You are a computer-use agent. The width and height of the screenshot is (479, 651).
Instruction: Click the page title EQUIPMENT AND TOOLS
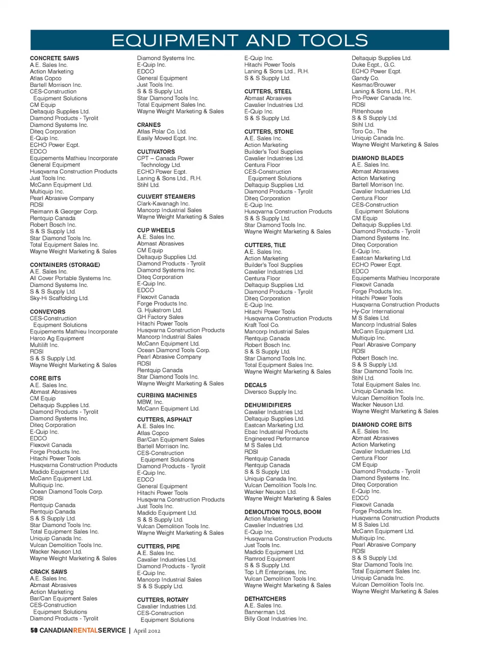pyautogui.click(x=239, y=40)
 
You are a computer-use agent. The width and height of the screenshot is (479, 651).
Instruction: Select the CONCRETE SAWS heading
pyautogui.click(x=54, y=58)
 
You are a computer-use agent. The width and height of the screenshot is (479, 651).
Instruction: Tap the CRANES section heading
pyautogui.click(x=149, y=125)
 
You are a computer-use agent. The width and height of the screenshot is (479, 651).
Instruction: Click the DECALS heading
pyautogui.click(x=255, y=385)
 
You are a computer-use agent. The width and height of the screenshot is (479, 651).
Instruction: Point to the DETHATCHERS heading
pyautogui.click(x=265, y=599)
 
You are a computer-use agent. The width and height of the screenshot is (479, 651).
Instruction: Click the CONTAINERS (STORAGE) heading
pyautogui.click(x=65, y=265)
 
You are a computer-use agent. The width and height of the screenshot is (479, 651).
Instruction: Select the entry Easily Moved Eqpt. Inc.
pyautogui.click(x=167, y=138)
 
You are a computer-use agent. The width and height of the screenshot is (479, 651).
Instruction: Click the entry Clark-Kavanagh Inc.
pyautogui.click(x=163, y=204)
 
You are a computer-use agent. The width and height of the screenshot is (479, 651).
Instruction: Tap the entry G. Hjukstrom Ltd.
pyautogui.click(x=159, y=310)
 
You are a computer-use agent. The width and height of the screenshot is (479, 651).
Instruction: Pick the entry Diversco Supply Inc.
pyautogui.click(x=270, y=392)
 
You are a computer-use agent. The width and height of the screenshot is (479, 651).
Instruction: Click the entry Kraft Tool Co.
pyautogui.click(x=261, y=325)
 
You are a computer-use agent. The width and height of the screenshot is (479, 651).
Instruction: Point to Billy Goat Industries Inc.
pyautogui.click(x=275, y=619)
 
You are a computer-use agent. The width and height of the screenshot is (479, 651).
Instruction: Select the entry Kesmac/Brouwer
pyautogui.click(x=373, y=85)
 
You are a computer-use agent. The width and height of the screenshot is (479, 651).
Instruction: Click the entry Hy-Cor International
pyautogui.click(x=378, y=312)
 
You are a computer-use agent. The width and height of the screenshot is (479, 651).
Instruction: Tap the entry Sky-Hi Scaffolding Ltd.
pyautogui.click(x=59, y=298)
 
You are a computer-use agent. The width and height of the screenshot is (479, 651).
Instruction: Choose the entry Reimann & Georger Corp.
pyautogui.click(x=63, y=212)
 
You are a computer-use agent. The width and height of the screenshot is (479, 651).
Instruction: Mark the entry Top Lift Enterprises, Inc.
pyautogui.click(x=275, y=572)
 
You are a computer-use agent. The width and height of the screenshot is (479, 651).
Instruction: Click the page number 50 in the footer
pyautogui.click(x=34, y=631)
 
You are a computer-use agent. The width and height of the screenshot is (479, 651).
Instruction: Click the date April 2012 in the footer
pyautogui.click(x=147, y=631)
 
